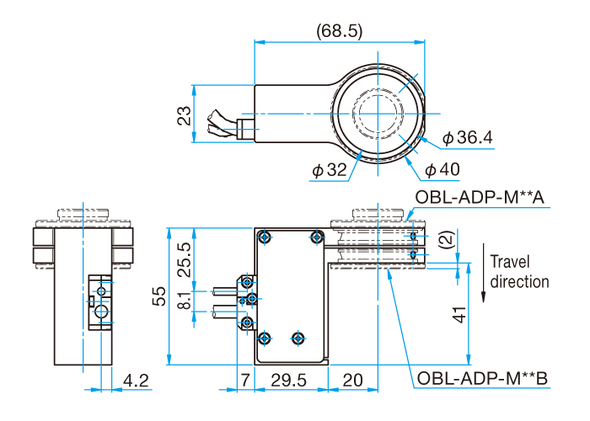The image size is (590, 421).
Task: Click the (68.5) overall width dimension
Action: (x=340, y=31)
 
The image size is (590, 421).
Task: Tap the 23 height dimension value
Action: (x=184, y=115)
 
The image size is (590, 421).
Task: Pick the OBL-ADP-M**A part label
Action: (x=481, y=197)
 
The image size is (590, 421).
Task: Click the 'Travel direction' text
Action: (x=519, y=271)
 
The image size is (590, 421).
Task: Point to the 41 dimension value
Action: (x=459, y=316)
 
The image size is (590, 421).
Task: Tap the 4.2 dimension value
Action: (x=136, y=381)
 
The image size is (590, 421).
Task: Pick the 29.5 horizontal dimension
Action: (x=289, y=381)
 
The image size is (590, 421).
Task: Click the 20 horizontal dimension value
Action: (x=353, y=381)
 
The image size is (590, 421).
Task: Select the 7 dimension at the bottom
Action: (x=244, y=381)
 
